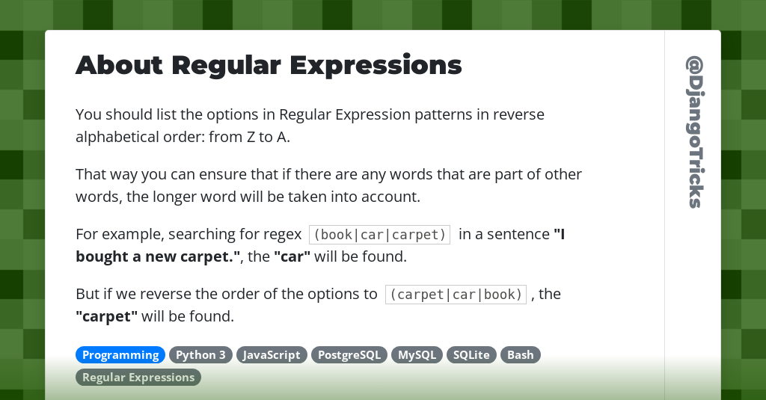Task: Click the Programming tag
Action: (120, 355)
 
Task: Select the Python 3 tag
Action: (200, 355)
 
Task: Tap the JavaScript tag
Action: (272, 355)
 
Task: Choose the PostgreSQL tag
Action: (349, 355)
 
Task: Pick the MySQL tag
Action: (417, 355)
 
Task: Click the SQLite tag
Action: (471, 355)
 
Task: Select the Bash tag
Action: (521, 355)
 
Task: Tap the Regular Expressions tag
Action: (138, 378)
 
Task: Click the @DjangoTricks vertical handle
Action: (695, 132)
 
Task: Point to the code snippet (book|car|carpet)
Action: (379, 235)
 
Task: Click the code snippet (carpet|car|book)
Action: (456, 295)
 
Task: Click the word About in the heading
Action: (119, 66)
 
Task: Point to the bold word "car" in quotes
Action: (292, 256)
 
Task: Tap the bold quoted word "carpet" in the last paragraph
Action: (106, 316)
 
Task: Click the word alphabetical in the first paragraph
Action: (122, 138)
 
